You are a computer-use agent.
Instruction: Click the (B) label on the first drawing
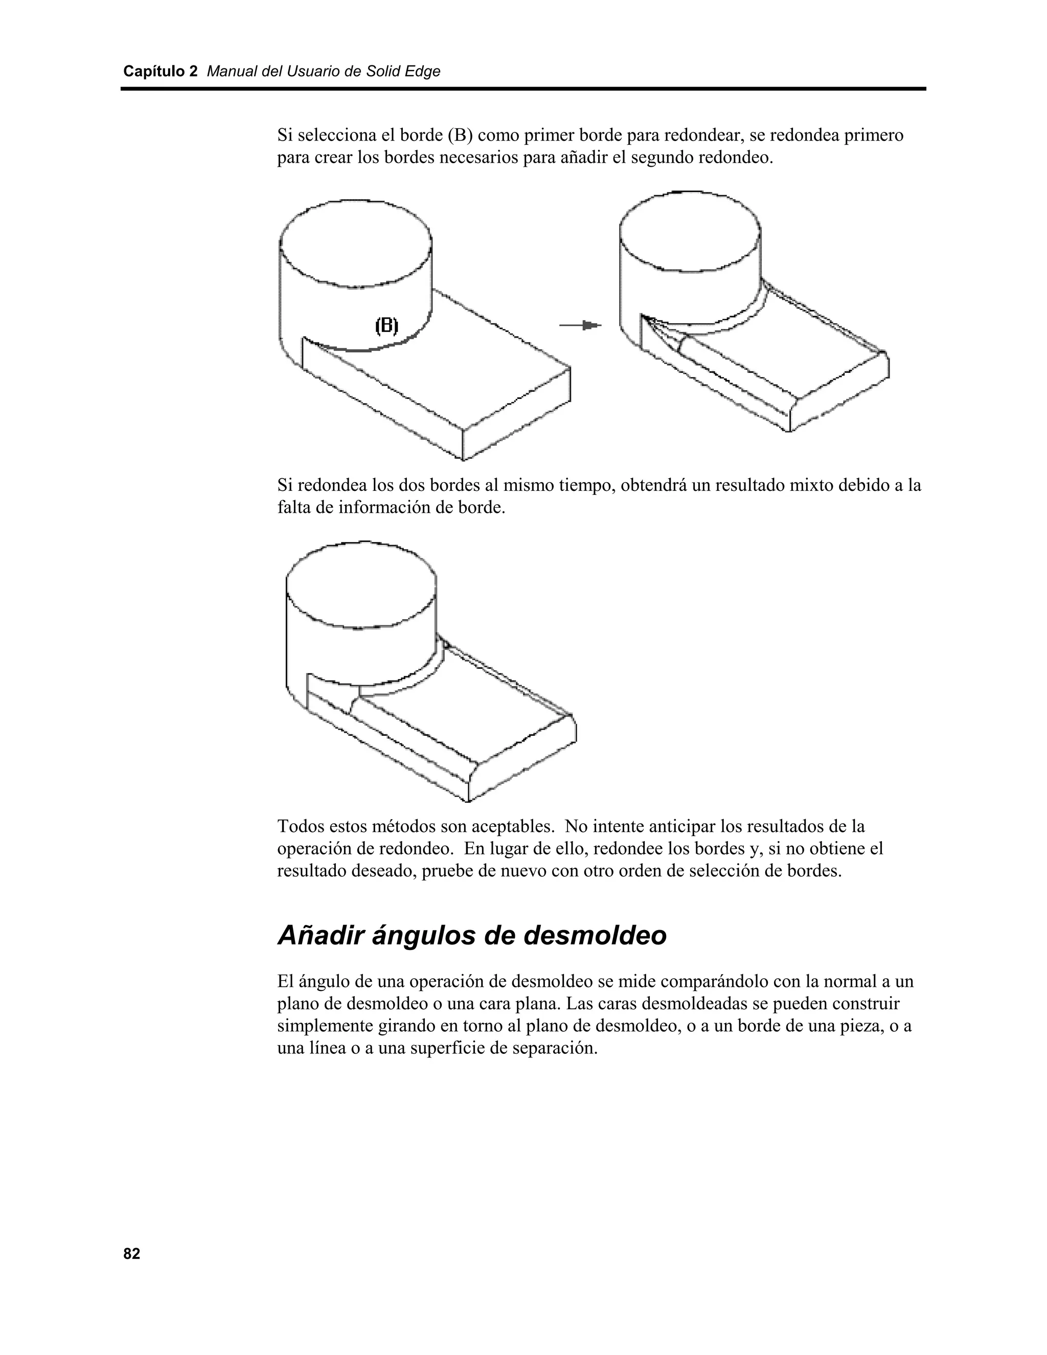pos(386,325)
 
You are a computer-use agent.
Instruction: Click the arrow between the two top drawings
pos(581,325)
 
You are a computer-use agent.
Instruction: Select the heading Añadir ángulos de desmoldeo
pos(471,935)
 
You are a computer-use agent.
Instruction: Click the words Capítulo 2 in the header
pos(160,72)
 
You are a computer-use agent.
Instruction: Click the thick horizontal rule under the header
pos(523,89)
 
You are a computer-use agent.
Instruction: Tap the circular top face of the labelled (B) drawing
pos(355,243)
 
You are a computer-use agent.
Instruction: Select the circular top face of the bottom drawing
pos(360,585)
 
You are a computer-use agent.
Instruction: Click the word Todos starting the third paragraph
pos(299,826)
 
